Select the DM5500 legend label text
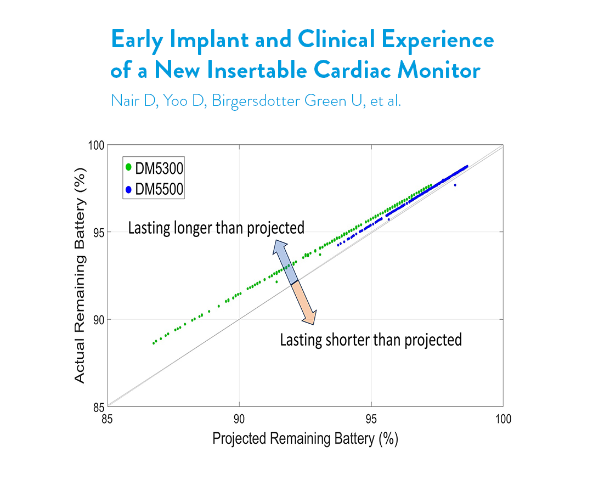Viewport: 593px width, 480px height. click(x=159, y=190)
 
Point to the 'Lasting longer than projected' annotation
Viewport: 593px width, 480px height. click(x=216, y=228)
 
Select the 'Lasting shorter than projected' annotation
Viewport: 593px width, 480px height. click(x=371, y=340)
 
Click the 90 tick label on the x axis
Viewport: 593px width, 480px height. click(x=239, y=420)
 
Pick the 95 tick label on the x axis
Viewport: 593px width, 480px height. click(x=371, y=420)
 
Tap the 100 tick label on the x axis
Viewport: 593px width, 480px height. click(x=503, y=420)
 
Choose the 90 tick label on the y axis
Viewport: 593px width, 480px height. click(x=98, y=319)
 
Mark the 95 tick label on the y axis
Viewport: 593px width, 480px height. click(x=98, y=232)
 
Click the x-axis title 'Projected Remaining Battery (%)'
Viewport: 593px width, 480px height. click(x=304, y=439)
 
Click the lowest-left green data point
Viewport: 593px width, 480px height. click(x=154, y=343)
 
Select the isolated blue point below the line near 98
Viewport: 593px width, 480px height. click(x=455, y=185)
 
